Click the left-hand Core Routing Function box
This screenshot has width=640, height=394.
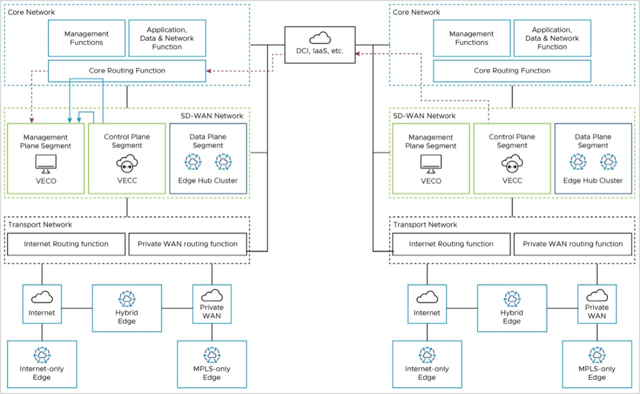(127, 70)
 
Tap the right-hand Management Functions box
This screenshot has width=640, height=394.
(472, 38)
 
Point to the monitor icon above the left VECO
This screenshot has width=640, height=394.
(45, 164)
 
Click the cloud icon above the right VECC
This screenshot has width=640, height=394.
(512, 165)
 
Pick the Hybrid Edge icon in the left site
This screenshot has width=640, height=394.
(127, 299)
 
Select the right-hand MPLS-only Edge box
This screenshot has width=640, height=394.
(596, 364)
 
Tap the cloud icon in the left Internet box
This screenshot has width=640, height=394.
(42, 297)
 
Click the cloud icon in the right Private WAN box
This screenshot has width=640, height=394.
(596, 295)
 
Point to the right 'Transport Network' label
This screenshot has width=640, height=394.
(425, 225)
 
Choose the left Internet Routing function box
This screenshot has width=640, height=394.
(66, 244)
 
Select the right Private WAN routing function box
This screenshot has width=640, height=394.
(573, 244)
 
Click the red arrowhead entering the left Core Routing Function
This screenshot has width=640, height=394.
(210, 70)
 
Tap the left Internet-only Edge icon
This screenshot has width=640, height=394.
(42, 355)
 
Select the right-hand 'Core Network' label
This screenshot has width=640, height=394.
(416, 12)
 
